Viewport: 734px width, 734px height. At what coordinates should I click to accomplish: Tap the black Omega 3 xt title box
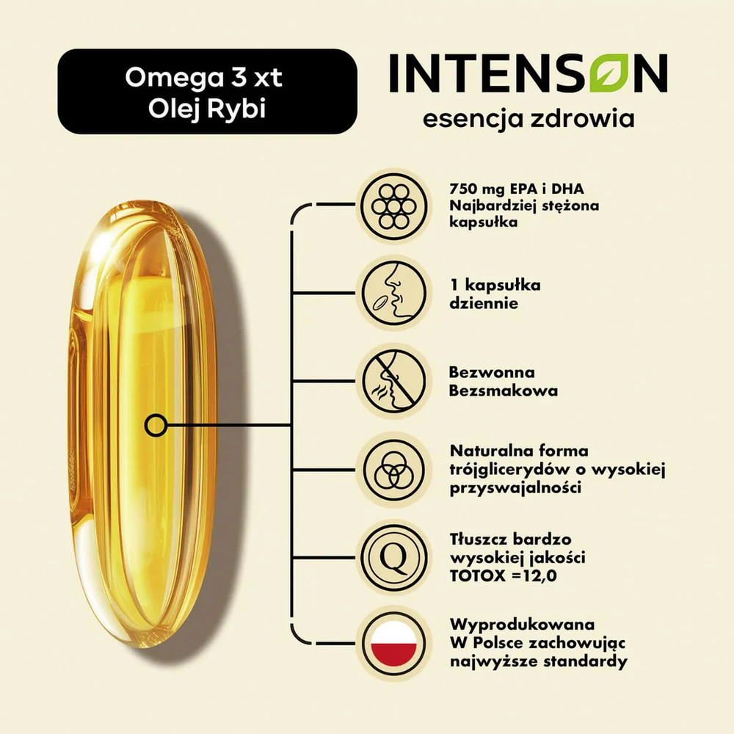tap(207, 91)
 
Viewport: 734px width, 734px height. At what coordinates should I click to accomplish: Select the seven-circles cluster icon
tap(394, 206)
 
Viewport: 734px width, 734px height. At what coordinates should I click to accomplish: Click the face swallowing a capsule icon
tap(394, 294)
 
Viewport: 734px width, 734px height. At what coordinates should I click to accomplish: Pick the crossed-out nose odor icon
tap(394, 380)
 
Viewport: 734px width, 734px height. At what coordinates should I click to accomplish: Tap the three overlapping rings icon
tap(394, 470)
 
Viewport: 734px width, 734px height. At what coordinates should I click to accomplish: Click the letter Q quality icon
tap(394, 558)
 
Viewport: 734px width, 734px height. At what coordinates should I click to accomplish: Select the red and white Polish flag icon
tap(394, 644)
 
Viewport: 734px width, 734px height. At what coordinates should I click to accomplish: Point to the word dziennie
tap(484, 303)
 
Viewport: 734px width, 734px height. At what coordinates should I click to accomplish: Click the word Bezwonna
tap(492, 372)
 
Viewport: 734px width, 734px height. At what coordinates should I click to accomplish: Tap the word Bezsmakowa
tap(504, 390)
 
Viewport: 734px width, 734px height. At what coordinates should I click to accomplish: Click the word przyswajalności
tap(515, 488)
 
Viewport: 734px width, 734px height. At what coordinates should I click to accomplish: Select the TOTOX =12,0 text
tap(504, 575)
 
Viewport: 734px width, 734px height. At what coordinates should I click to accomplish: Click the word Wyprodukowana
tap(523, 625)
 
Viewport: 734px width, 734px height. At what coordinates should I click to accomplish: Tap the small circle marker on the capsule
tap(156, 426)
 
